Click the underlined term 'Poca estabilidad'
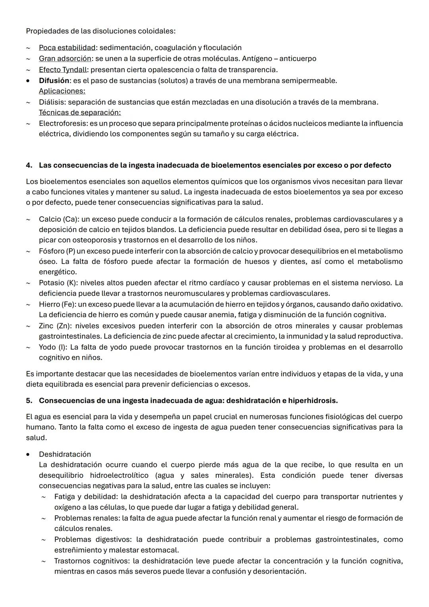click(x=67, y=48)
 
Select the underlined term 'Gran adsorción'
click(x=65, y=59)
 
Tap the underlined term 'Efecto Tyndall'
click(x=62, y=70)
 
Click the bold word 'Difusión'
click(x=54, y=81)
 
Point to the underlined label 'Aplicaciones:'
click(x=62, y=91)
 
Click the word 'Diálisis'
click(x=52, y=102)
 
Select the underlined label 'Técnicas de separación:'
click(x=79, y=112)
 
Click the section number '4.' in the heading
click(x=29, y=165)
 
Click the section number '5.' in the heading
click(x=29, y=401)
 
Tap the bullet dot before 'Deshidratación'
click(x=28, y=454)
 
